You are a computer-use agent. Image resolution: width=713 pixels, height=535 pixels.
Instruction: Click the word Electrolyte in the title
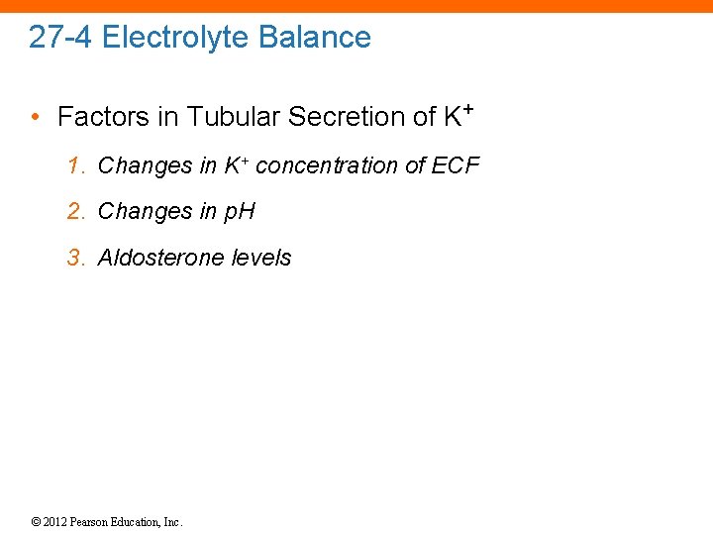[x=176, y=38]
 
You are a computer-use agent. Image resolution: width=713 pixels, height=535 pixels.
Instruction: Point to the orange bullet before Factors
[x=35, y=118]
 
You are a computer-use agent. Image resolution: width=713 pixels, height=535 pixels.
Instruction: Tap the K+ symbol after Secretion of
[x=456, y=115]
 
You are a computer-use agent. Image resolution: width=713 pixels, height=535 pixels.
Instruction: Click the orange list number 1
[x=75, y=165]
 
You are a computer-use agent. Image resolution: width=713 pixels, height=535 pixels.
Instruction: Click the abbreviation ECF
[x=456, y=165]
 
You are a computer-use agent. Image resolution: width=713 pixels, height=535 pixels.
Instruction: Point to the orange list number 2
[x=75, y=211]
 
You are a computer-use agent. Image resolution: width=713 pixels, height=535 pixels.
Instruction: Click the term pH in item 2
[x=237, y=212]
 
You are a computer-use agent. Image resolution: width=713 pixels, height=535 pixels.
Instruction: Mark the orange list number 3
[x=75, y=258]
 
